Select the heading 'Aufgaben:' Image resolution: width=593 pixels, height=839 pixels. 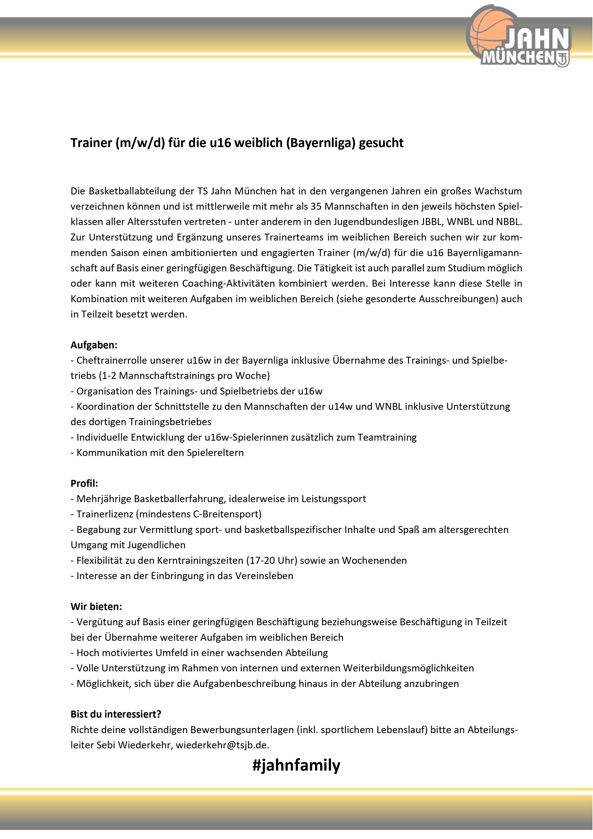click(94, 345)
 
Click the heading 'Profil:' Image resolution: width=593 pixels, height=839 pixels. click(84, 483)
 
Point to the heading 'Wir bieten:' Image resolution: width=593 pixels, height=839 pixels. click(96, 607)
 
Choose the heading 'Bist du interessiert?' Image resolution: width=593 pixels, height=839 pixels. click(116, 714)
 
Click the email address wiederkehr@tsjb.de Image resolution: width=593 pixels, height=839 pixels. click(222, 745)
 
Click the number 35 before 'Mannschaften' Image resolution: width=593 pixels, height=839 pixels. click(316, 206)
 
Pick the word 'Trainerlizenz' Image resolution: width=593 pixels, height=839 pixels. click(105, 514)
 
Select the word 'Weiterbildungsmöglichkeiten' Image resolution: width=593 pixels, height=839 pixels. click(408, 668)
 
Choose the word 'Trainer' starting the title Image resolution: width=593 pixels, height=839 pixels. click(91, 143)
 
